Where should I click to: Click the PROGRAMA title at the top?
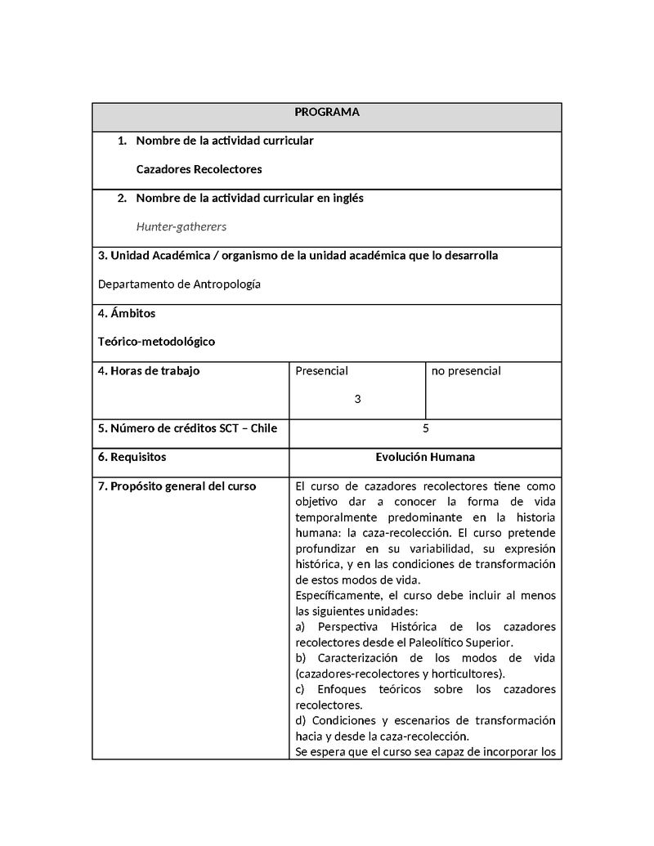326,112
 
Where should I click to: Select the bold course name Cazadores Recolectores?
199,169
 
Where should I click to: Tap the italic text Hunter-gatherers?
181,226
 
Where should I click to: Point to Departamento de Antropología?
179,284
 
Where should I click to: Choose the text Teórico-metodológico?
156,341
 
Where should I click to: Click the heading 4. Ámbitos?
127,313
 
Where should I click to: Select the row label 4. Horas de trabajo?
149,370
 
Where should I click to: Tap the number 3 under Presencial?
357,399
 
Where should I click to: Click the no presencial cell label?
466,370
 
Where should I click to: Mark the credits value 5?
425,427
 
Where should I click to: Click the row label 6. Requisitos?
132,457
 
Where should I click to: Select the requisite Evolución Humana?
425,457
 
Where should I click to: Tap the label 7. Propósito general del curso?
177,486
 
